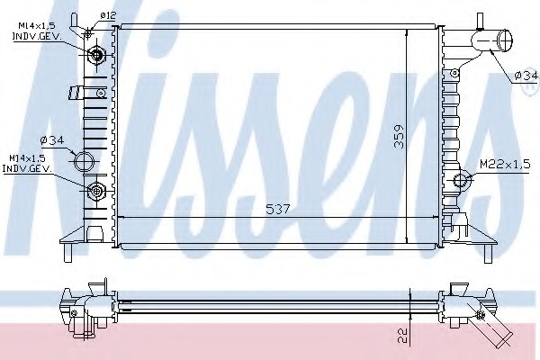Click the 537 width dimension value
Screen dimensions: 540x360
[x=278, y=209]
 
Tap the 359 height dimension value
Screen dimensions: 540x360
[x=399, y=137]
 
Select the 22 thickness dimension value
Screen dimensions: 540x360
[x=402, y=336]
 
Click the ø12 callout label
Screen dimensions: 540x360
[x=108, y=15]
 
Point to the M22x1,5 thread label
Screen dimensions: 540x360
[x=505, y=165]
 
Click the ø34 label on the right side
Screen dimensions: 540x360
[x=526, y=76]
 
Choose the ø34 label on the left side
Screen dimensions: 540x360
[x=52, y=140]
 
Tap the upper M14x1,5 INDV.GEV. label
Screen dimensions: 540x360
[x=37, y=31]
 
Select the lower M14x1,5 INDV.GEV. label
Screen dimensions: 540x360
[x=27, y=164]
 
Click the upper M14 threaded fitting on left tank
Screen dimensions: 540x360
[x=96, y=55]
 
